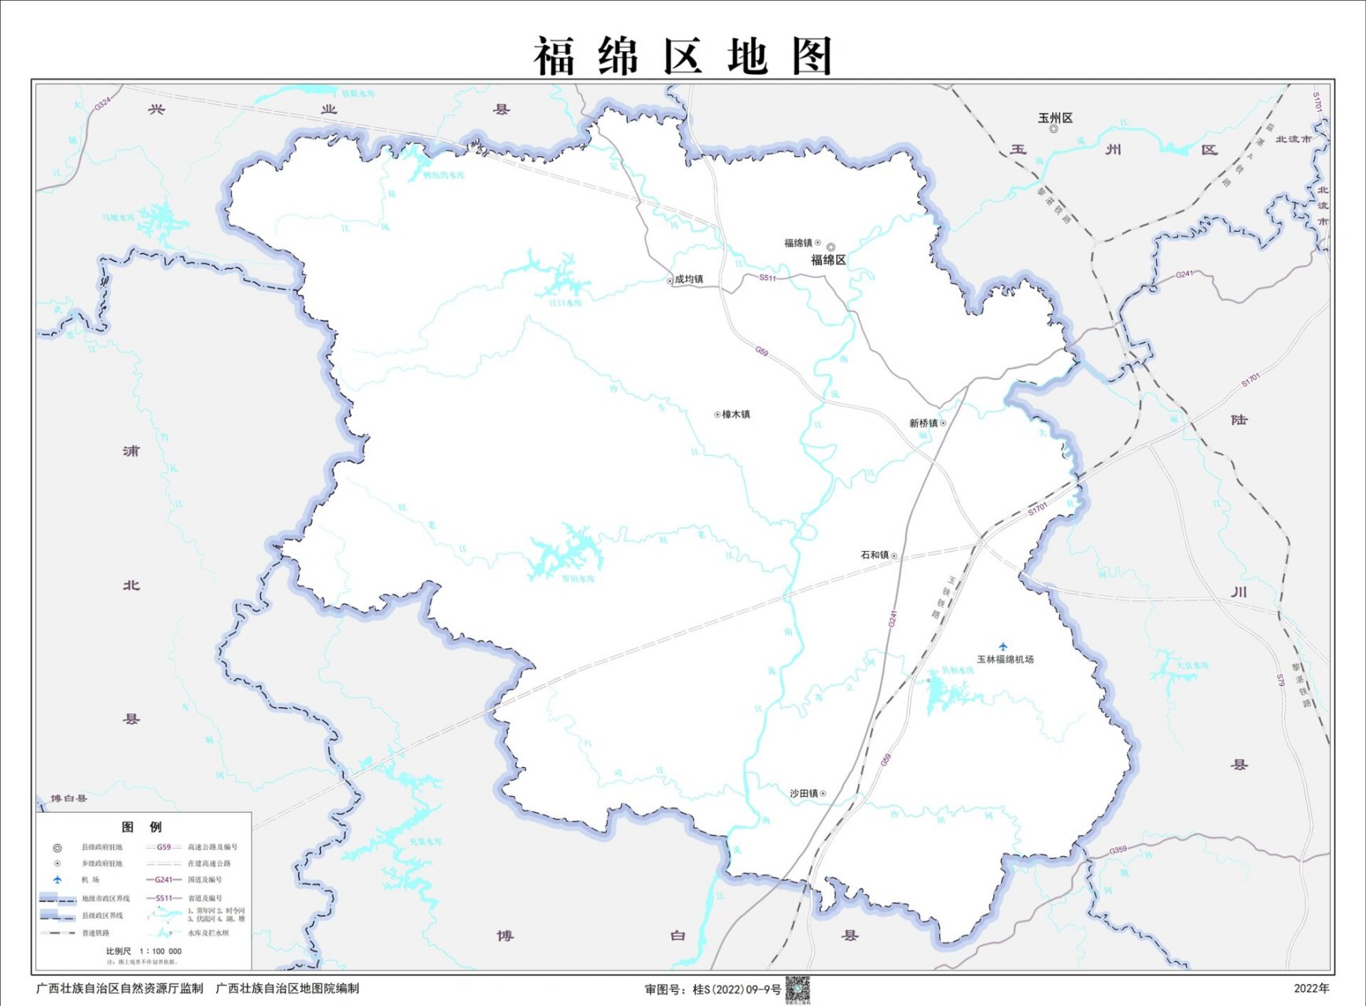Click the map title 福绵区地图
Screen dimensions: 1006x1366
(x=683, y=56)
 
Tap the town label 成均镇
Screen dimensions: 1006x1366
(x=689, y=279)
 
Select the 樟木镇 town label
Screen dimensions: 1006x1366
(x=736, y=414)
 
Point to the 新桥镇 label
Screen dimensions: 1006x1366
(x=923, y=423)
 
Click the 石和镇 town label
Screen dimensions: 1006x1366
(x=874, y=555)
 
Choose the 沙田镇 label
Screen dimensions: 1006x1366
(x=804, y=794)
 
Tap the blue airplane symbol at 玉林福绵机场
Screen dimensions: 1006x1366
(x=1003, y=646)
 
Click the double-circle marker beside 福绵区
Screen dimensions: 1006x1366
(x=830, y=247)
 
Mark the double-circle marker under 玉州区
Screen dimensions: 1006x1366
(x=1054, y=129)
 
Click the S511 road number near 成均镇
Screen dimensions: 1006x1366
(x=768, y=278)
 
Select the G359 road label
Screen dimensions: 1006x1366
(x=1117, y=850)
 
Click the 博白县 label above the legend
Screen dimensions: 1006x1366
(x=69, y=799)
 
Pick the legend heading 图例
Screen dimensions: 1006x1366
(x=142, y=827)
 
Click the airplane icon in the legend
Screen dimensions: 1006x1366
(x=57, y=879)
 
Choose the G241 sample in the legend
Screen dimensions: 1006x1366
(x=164, y=879)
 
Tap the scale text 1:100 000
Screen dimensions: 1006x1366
(x=160, y=951)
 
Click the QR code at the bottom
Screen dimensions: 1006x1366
(x=797, y=989)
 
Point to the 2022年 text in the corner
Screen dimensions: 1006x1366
(x=1312, y=989)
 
